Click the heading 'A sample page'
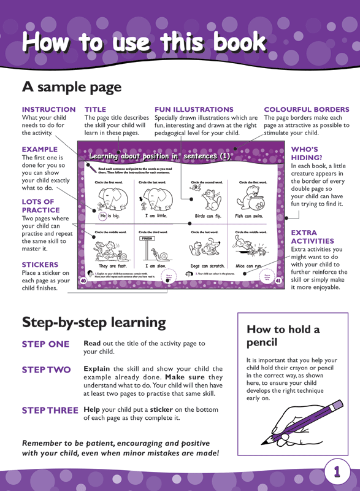pos(72,87)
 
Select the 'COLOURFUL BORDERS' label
pos(306,109)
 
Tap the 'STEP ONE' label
pos(45,344)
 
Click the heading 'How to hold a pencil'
pos(283,335)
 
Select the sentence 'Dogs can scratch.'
pos(208,266)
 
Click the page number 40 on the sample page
pos(83,280)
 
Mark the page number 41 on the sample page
pos(277,280)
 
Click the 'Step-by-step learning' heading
pos(94,322)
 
